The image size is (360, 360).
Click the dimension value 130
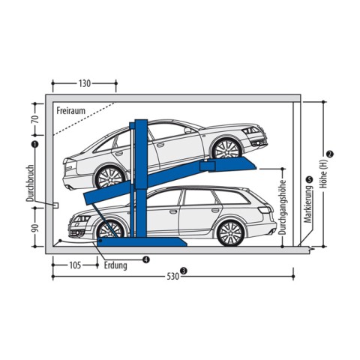85,83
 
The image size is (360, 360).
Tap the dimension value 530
173,276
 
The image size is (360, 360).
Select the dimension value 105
75,265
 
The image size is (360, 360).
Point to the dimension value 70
35,120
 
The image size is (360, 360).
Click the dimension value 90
35,227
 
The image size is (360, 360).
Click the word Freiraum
70,110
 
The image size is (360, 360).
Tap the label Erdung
115,265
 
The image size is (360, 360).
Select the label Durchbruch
30,183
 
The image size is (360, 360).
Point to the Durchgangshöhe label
282,207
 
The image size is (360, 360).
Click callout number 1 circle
34,144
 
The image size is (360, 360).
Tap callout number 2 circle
330,154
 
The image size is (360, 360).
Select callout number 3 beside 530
184,271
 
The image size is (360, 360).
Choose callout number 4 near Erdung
146,259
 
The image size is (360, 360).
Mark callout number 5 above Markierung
310,179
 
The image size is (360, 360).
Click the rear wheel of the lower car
230,233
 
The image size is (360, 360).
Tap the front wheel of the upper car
226,149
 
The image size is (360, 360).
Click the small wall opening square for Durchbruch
55,205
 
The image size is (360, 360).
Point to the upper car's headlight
250,130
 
